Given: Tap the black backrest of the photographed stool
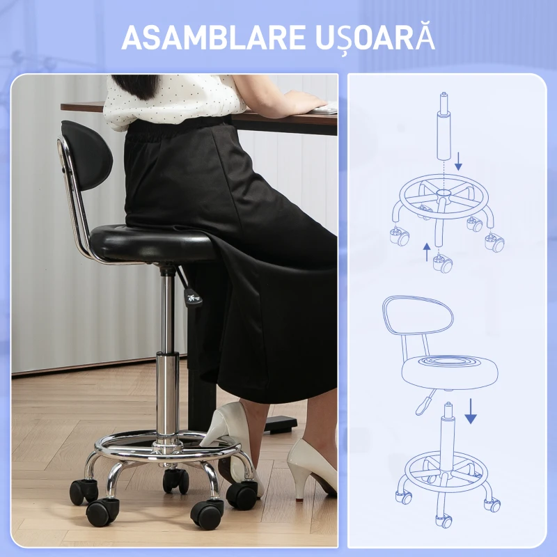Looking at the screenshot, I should click(87, 157).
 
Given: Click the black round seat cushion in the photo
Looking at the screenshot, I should click(146, 244).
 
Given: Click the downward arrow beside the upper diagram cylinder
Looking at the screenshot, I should click(458, 164).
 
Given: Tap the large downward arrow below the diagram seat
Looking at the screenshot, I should click(471, 411).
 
